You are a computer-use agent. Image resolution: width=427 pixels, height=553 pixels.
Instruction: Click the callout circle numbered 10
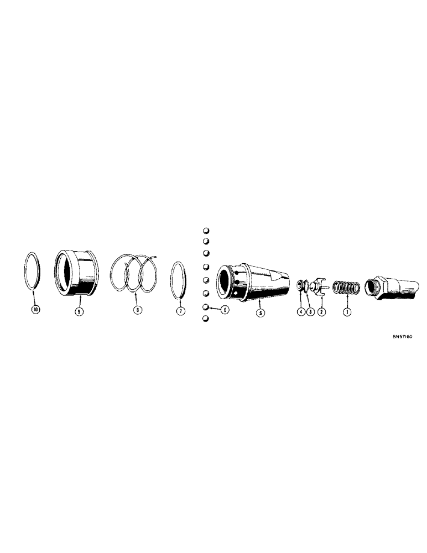click(36, 311)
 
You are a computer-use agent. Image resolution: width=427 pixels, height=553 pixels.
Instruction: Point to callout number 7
click(180, 311)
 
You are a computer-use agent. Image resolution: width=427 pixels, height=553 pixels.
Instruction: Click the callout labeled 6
click(225, 310)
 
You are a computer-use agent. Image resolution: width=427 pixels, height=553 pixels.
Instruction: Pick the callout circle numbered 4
click(300, 311)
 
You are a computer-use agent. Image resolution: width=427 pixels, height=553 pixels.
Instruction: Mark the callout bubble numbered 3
click(310, 311)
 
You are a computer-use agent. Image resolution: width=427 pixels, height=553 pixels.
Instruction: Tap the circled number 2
click(322, 311)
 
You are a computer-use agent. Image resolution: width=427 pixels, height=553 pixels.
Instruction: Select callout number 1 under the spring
click(347, 311)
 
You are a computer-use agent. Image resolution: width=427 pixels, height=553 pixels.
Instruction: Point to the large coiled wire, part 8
click(136, 274)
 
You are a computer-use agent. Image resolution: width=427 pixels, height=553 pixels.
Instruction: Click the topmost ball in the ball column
click(205, 231)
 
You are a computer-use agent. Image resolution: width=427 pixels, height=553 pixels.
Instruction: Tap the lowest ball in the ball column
click(205, 320)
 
